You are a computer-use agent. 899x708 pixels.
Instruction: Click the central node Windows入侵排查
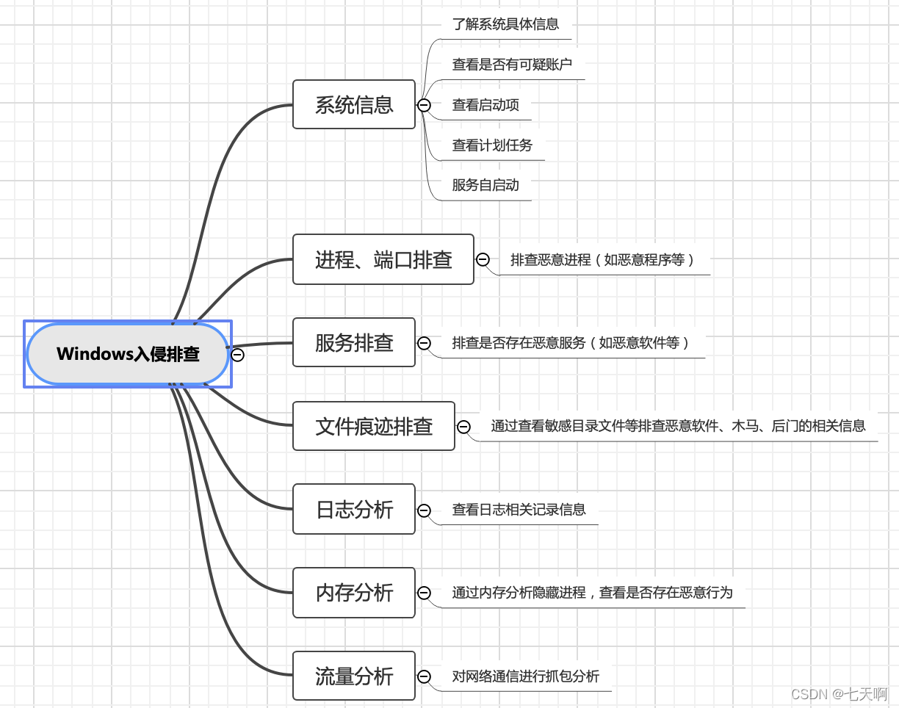coord(128,354)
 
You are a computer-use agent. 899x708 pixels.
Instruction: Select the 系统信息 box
coord(354,104)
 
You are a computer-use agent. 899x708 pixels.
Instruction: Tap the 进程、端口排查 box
coord(383,259)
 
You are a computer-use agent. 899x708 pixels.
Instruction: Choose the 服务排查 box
coord(354,342)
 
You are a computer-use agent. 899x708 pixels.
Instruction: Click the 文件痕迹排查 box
coord(374,426)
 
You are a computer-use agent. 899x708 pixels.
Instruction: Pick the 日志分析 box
coord(354,509)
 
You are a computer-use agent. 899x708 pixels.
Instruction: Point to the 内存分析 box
coord(354,593)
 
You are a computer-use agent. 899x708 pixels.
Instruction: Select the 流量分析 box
coord(354,676)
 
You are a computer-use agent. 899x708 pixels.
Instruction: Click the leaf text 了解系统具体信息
coord(505,24)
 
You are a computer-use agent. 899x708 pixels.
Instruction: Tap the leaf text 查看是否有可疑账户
coord(512,65)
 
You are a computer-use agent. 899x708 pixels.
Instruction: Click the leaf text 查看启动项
coord(485,105)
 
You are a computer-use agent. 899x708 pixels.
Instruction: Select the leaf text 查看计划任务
coord(492,145)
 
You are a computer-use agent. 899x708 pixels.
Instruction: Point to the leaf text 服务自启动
coord(485,185)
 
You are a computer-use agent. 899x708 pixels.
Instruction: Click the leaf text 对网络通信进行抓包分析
coord(525,676)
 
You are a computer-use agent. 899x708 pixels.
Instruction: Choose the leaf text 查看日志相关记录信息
coord(519,510)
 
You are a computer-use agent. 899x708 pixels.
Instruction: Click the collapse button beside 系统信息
coord(424,105)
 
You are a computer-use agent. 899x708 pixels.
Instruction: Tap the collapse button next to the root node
coord(237,355)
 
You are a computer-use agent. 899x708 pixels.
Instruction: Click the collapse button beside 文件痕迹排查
coord(463,427)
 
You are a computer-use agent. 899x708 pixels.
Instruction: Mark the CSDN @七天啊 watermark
coord(839,694)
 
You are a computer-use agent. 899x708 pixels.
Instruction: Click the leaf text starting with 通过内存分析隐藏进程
coord(592,593)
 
